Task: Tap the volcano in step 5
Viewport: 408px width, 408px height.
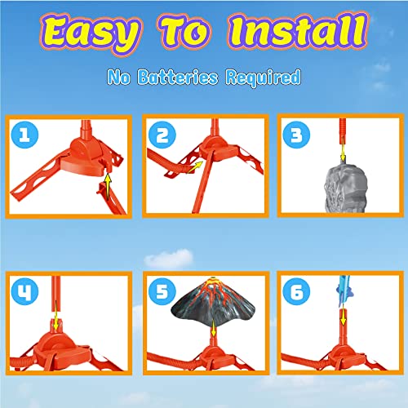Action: (204, 310)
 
